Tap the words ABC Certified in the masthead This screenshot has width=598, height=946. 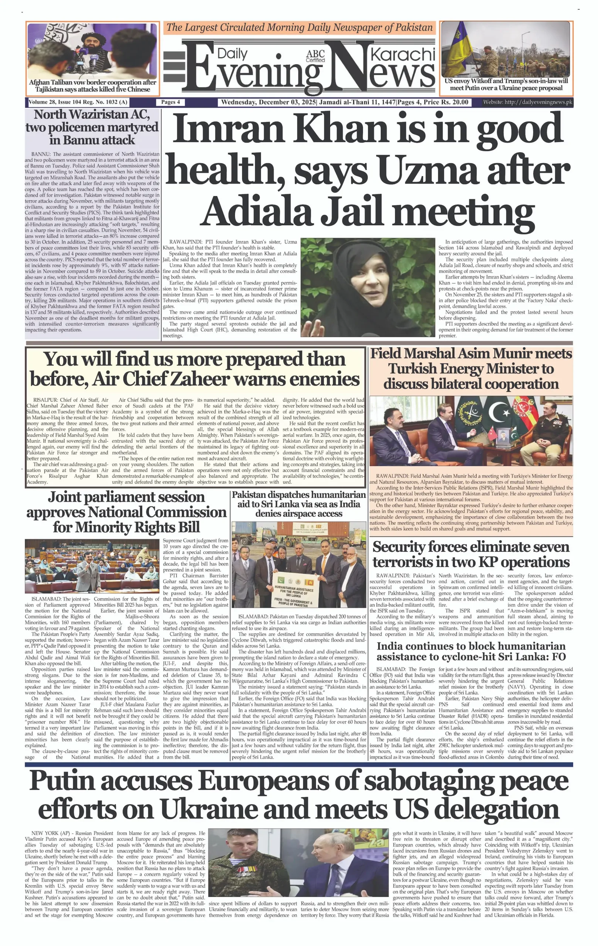point(315,56)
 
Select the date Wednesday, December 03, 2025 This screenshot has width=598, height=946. point(268,102)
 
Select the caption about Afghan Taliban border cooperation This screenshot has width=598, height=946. point(92,86)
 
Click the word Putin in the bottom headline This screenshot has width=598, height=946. point(62,782)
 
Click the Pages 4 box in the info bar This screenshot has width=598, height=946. point(170,102)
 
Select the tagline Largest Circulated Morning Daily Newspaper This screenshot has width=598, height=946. point(300,27)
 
